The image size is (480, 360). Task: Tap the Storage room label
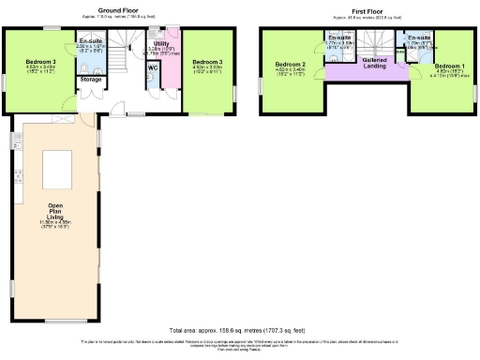(x=90, y=80)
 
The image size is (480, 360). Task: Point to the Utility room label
(x=161, y=43)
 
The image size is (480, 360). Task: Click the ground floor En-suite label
(x=91, y=42)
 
